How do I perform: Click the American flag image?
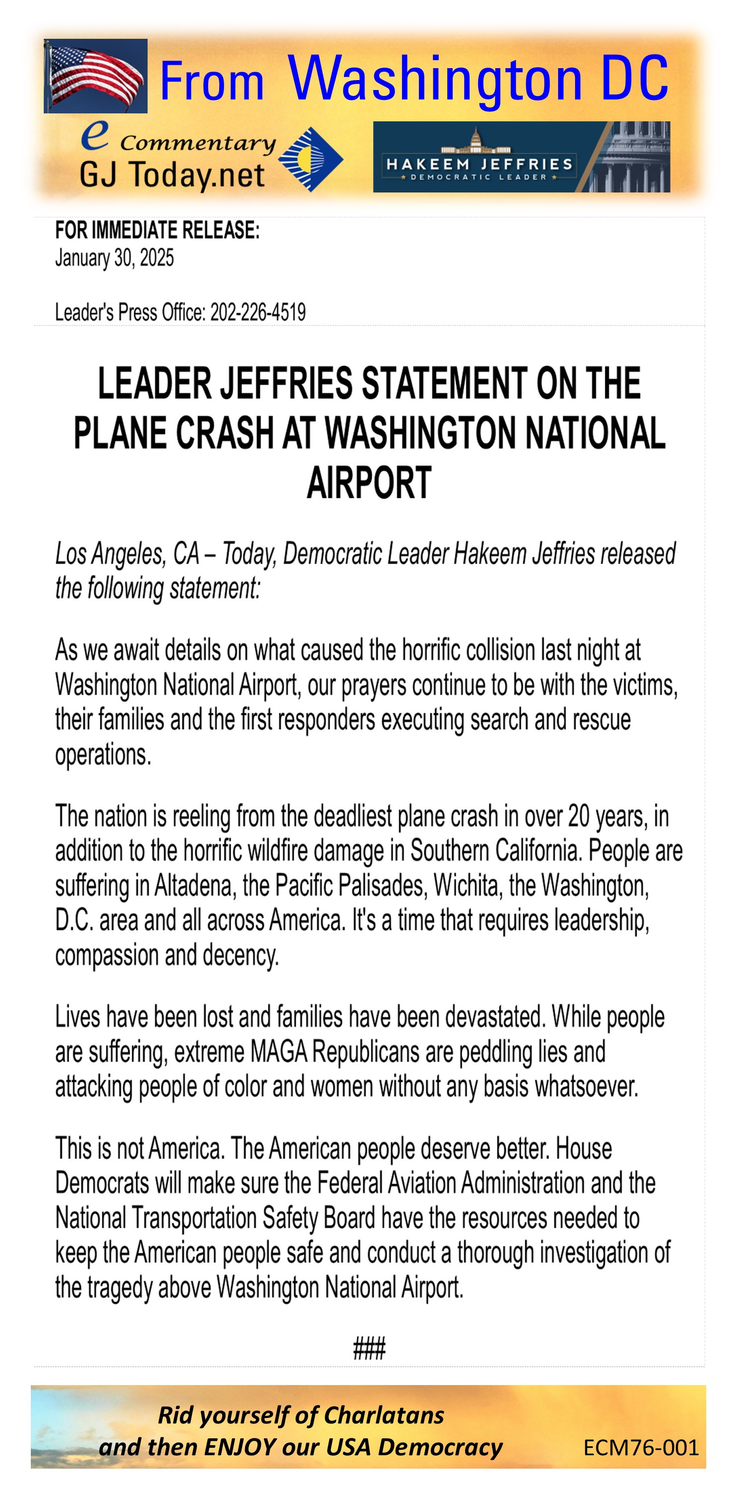click(x=95, y=76)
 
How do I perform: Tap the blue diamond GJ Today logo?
click(x=311, y=159)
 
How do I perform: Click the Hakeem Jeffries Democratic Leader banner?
click(x=521, y=157)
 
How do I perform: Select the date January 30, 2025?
click(x=114, y=258)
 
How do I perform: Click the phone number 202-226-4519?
click(x=257, y=312)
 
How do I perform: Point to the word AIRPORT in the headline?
click(x=369, y=482)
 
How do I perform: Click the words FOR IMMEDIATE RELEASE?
click(x=157, y=230)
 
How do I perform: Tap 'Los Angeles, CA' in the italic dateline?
click(x=127, y=554)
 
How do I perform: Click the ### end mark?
click(x=369, y=1348)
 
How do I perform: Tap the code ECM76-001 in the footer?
click(x=641, y=1447)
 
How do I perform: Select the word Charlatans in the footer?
click(x=384, y=1415)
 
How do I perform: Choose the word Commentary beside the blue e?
click(x=198, y=143)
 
